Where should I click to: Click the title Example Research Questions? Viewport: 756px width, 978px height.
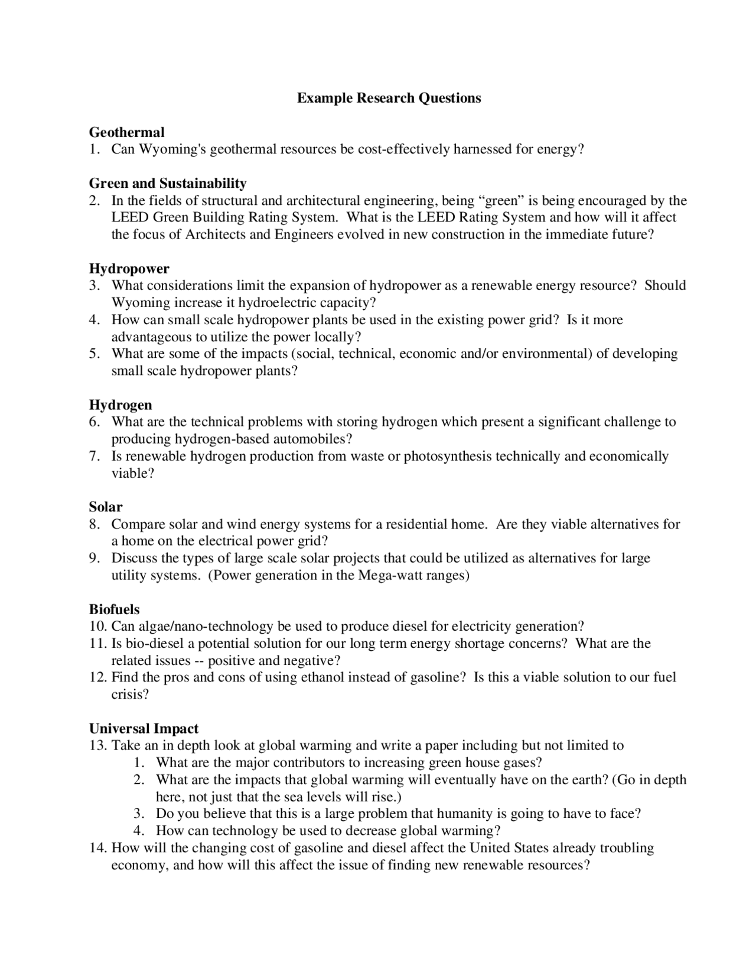(389, 98)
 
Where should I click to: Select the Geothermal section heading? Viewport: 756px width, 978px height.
(126, 132)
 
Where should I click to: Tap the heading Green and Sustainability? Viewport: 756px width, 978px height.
(168, 184)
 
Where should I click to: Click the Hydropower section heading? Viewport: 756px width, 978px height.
(129, 269)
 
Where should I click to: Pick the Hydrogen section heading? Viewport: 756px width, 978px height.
(120, 405)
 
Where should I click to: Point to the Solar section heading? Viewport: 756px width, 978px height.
(106, 507)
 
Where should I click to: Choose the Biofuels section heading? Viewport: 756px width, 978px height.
(114, 609)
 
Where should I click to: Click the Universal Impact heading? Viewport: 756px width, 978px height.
(144, 729)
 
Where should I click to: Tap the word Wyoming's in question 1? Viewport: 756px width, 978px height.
(172, 149)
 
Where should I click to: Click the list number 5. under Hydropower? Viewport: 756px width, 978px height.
(94, 354)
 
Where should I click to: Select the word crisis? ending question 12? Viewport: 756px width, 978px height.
(130, 695)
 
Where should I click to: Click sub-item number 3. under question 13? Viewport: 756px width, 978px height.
(139, 814)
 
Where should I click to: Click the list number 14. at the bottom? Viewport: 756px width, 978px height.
(97, 849)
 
